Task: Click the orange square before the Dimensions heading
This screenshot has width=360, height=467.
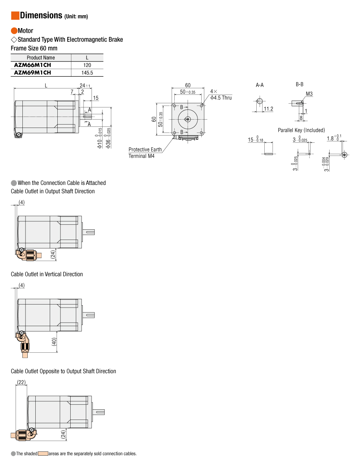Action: (x=15, y=16)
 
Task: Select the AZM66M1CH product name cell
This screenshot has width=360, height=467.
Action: (x=32, y=65)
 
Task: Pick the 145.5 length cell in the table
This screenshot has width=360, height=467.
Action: (x=87, y=73)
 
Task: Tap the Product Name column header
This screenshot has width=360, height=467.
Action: (x=41, y=58)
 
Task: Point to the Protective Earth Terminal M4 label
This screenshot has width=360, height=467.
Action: (x=145, y=153)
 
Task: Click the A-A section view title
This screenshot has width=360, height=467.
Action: (x=260, y=85)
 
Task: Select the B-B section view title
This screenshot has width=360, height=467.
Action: (x=300, y=84)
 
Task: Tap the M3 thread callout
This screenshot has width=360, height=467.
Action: (x=309, y=94)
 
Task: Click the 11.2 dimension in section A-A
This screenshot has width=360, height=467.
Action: (x=268, y=109)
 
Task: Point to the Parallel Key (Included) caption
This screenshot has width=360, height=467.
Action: (x=301, y=130)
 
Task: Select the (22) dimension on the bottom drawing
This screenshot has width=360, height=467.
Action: (x=21, y=382)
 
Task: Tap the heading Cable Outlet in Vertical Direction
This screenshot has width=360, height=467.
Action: (x=47, y=274)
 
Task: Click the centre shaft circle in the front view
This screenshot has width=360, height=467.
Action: (x=188, y=119)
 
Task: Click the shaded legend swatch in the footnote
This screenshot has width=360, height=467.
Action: (x=43, y=453)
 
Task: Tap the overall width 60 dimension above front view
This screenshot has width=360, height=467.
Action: (x=188, y=85)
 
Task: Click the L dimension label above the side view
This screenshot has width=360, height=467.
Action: (x=46, y=85)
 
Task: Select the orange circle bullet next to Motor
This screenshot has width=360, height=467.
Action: (x=14, y=31)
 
